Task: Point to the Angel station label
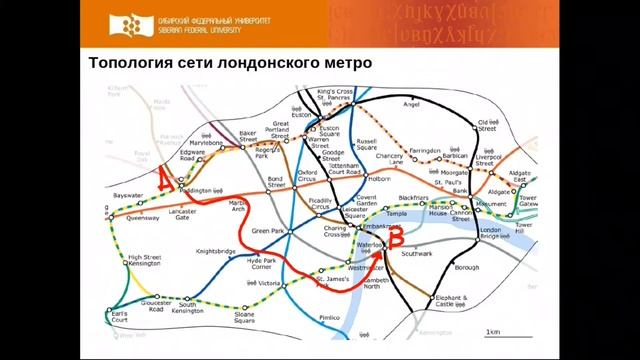click(410, 103)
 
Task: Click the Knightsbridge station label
click(216, 251)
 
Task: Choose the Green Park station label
click(268, 231)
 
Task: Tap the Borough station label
click(466, 268)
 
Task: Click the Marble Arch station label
click(238, 205)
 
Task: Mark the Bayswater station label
click(128, 195)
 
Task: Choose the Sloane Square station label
click(245, 318)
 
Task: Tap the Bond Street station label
click(277, 183)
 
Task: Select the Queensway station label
click(143, 217)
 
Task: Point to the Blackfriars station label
click(412, 199)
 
